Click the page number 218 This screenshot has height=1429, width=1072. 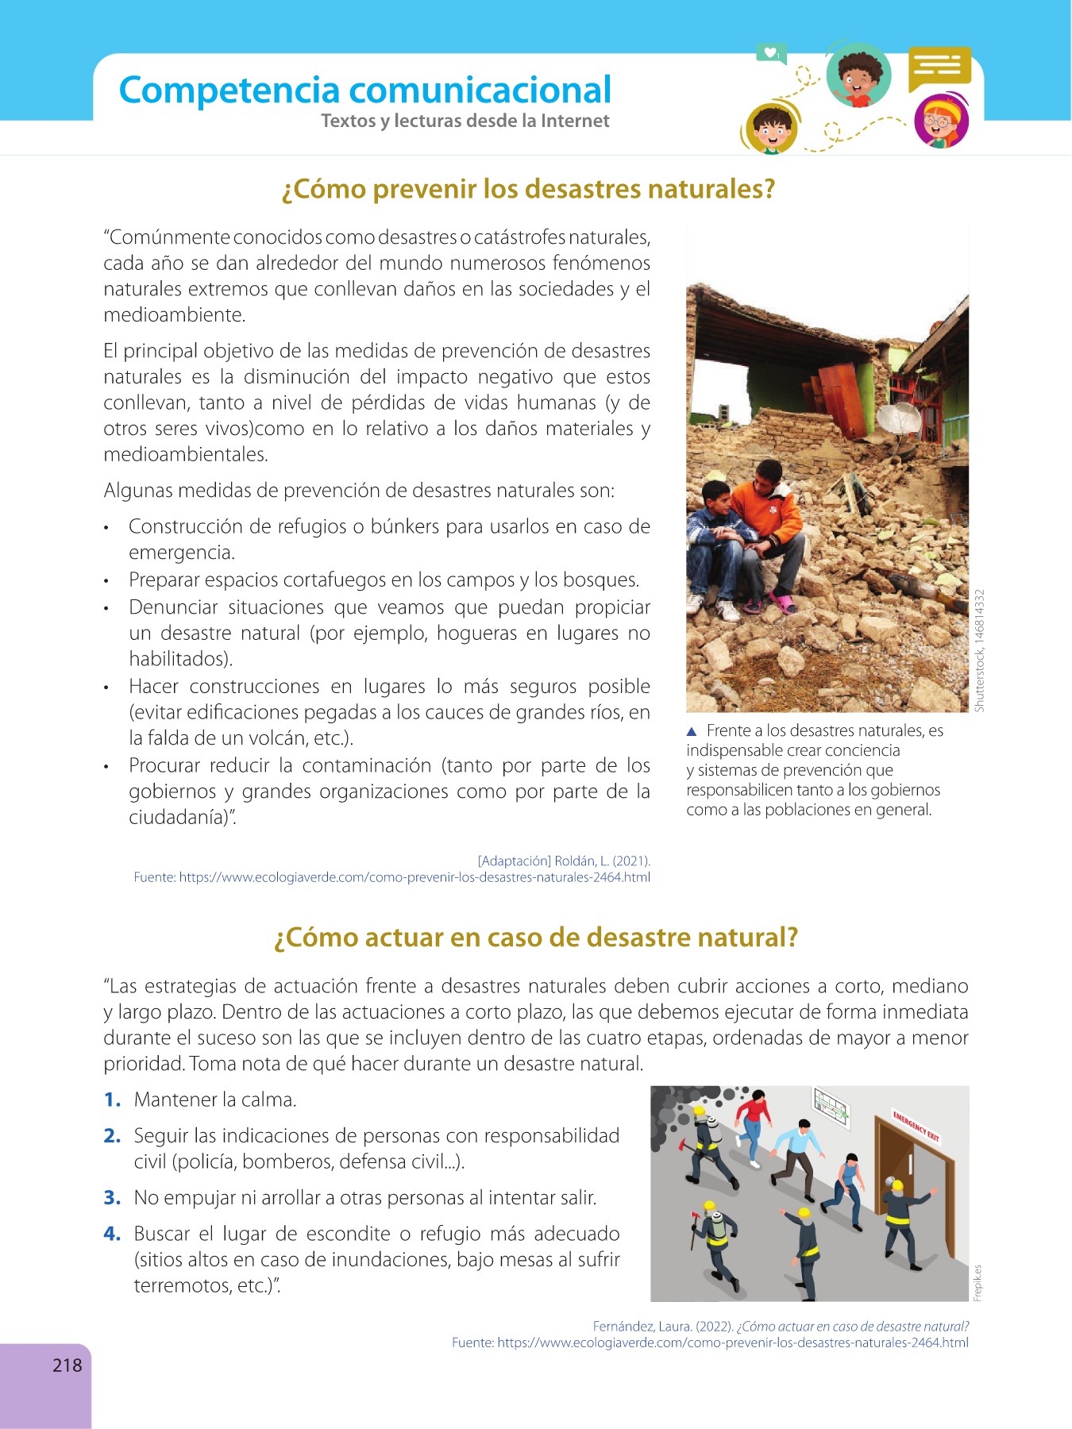click(x=67, y=1365)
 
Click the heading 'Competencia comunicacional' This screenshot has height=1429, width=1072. click(x=364, y=91)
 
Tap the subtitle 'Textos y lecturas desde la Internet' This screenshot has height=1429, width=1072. click(x=465, y=121)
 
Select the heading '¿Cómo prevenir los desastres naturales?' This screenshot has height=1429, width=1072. click(x=528, y=190)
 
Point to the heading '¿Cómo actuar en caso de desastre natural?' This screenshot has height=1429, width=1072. click(x=535, y=938)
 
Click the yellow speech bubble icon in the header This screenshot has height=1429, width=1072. click(x=939, y=67)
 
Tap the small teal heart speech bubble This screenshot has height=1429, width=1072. click(x=770, y=53)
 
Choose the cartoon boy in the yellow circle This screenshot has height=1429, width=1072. click(x=770, y=127)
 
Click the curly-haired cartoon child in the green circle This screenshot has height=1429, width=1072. click(x=858, y=75)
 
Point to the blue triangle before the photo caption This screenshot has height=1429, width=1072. click(x=692, y=731)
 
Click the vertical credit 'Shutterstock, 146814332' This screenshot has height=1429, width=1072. click(x=980, y=650)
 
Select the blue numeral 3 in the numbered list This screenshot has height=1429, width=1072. click(x=111, y=1198)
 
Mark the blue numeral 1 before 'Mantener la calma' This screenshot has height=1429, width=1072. click(x=111, y=1100)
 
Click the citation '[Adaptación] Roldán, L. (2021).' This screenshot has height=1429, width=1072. click(x=564, y=861)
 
